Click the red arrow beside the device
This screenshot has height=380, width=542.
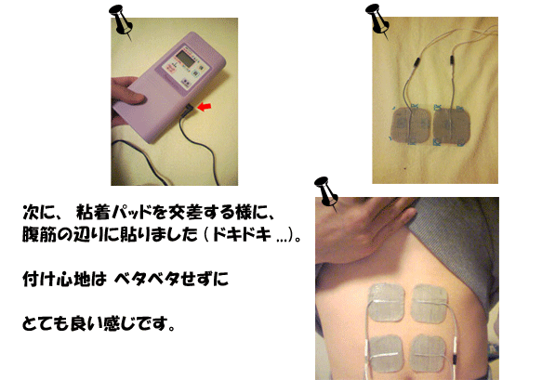205,107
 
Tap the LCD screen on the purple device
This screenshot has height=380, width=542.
184,59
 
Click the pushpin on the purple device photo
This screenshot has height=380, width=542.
121,21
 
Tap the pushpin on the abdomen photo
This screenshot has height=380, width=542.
326,193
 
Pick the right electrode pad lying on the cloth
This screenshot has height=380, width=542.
452,125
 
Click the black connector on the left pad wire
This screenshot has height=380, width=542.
417,62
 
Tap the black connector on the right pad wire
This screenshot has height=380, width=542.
452,60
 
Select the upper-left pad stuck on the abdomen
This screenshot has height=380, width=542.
387,301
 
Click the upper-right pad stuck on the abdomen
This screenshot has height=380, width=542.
430,303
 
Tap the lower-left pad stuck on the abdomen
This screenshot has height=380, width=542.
385,353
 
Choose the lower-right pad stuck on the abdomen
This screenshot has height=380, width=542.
428,352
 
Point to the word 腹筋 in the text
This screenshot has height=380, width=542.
38,234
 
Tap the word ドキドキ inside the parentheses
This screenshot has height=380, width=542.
242,235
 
